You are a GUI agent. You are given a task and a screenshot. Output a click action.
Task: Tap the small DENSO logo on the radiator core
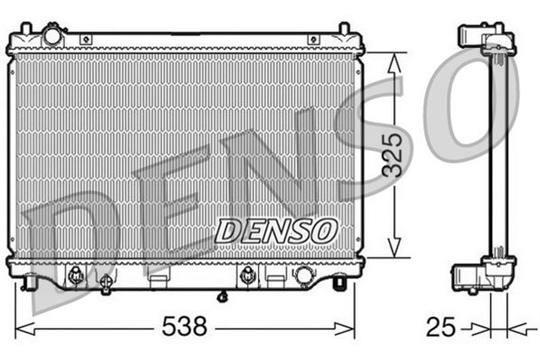(x=275, y=229)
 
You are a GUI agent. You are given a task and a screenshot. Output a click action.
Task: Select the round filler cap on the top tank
(x=53, y=37)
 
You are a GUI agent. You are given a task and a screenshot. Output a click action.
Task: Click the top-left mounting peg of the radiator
(x=25, y=30)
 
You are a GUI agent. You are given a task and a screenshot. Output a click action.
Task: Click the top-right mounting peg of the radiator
(x=343, y=30)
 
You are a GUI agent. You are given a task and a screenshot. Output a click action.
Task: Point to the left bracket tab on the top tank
(x=85, y=39)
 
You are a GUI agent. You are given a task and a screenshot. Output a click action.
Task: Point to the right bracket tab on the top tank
(x=314, y=39)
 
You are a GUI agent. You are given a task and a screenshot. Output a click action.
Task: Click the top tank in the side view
(x=487, y=41)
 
